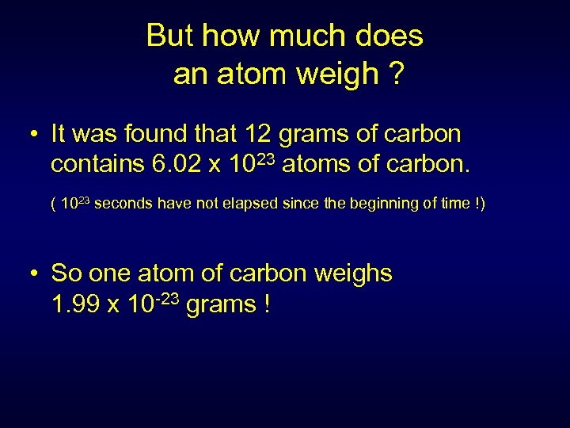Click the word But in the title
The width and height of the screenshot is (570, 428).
(171, 36)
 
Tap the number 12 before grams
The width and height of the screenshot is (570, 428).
(260, 134)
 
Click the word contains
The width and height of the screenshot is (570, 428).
(96, 165)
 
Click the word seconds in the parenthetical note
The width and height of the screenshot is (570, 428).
(126, 204)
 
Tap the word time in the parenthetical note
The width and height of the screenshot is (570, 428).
(455, 204)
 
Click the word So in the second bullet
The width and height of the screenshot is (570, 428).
(66, 273)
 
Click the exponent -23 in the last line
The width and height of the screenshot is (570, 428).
(169, 298)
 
